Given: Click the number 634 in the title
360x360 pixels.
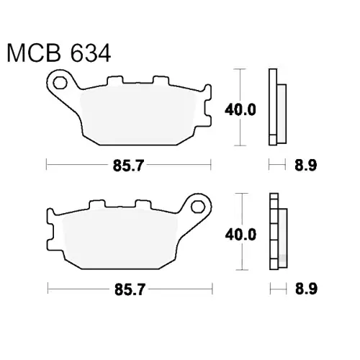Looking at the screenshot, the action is [91, 53].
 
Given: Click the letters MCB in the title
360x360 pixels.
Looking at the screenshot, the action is [34, 53].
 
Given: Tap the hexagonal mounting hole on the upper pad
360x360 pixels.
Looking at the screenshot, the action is [60, 83].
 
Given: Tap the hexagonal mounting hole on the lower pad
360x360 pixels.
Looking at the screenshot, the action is [198, 207].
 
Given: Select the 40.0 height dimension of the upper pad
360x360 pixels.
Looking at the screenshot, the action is [240, 110].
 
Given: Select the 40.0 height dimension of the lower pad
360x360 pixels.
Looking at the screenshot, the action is [240, 235].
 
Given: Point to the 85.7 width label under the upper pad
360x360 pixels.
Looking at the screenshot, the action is [128, 166].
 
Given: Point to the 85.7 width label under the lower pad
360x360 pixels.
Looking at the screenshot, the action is [130, 289].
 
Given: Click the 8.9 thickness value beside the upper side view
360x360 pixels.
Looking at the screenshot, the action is [306, 165].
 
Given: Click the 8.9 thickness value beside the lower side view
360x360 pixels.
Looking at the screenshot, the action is [307, 289].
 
